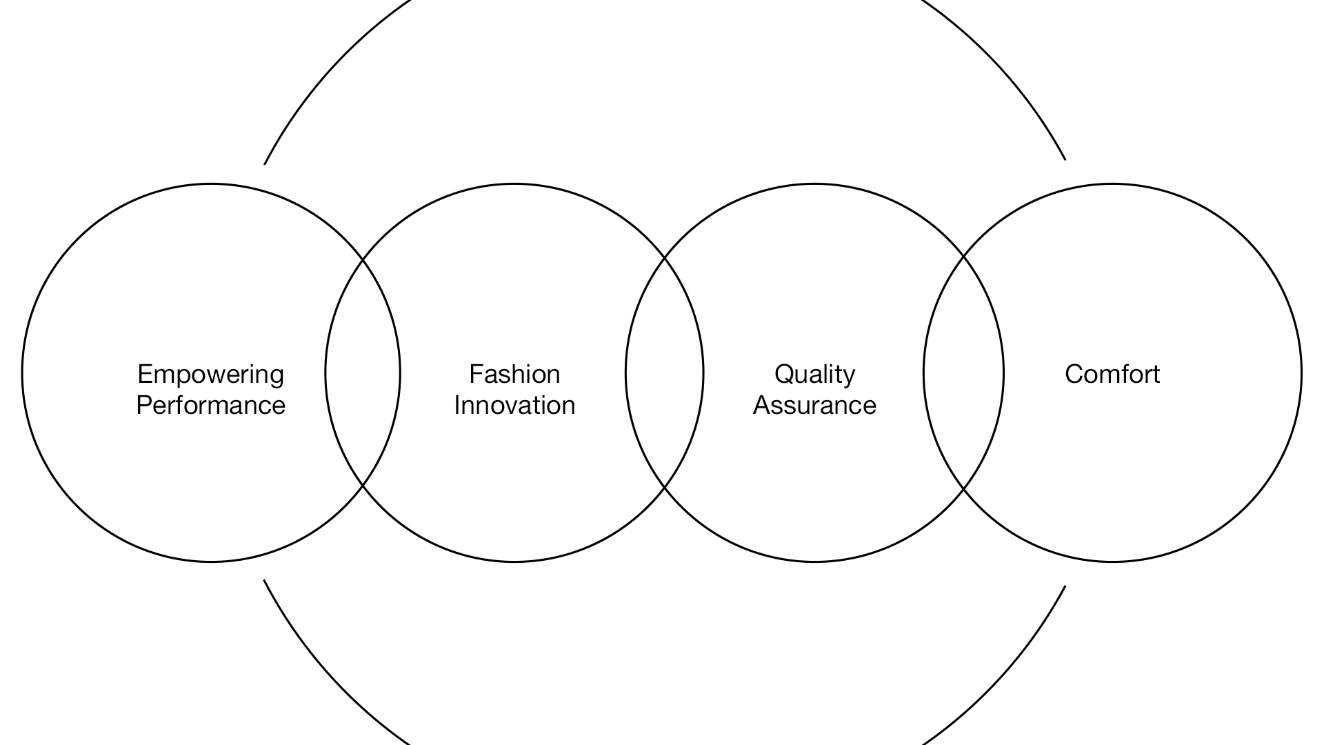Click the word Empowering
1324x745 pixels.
[x=211, y=375]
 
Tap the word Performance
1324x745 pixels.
[x=211, y=405]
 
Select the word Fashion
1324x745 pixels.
[x=514, y=374]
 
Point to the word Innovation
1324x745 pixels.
[x=514, y=405]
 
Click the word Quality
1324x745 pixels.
[x=814, y=375]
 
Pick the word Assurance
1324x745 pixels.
[x=814, y=405]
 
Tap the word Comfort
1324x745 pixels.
[x=1112, y=374]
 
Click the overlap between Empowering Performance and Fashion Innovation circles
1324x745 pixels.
[x=363, y=372]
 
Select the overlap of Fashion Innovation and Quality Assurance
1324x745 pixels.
[x=664, y=372]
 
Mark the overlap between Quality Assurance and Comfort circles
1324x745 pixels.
[x=963, y=372]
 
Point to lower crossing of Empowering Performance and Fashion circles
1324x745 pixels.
[x=363, y=486]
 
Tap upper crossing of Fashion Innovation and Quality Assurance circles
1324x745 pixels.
[x=664, y=257]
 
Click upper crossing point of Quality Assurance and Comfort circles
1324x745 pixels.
[x=963, y=256]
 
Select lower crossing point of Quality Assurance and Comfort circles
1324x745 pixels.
[x=963, y=489]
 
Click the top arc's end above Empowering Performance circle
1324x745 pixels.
[x=264, y=164]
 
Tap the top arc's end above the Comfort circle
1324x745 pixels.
[x=1065, y=160]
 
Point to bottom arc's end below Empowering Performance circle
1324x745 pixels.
[x=264, y=580]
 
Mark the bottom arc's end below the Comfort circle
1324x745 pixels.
[x=1065, y=586]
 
